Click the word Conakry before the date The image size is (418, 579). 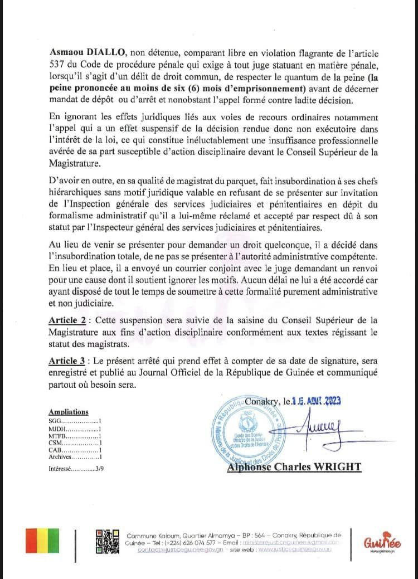[x=261, y=400]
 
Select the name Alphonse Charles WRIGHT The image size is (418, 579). [x=294, y=466]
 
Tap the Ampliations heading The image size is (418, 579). [x=69, y=412]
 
